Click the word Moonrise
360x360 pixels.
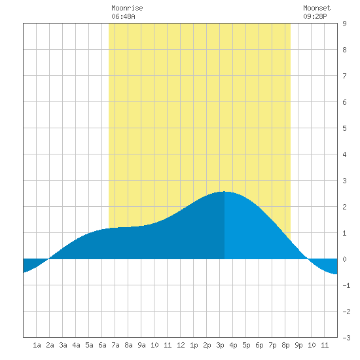(127, 8)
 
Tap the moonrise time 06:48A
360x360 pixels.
(123, 16)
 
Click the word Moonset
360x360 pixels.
(317, 8)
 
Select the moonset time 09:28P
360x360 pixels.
(315, 16)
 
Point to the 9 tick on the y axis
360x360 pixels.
(344, 24)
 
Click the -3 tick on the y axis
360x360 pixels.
(346, 338)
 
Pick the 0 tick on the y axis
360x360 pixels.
(344, 259)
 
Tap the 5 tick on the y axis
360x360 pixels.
(344, 128)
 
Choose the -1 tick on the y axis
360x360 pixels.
(346, 285)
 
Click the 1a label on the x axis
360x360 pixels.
(37, 345)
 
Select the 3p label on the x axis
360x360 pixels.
(220, 345)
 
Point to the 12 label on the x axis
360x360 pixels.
(181, 345)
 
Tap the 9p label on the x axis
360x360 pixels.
(298, 345)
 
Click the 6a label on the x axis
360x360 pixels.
(102, 345)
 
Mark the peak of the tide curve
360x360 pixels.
(225, 192)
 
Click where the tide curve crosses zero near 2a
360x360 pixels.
(48, 259)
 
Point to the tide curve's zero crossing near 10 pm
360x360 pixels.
(308, 259)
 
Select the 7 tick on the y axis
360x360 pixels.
(344, 76)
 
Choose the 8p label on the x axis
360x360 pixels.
(285, 345)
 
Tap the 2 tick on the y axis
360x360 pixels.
(344, 207)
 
